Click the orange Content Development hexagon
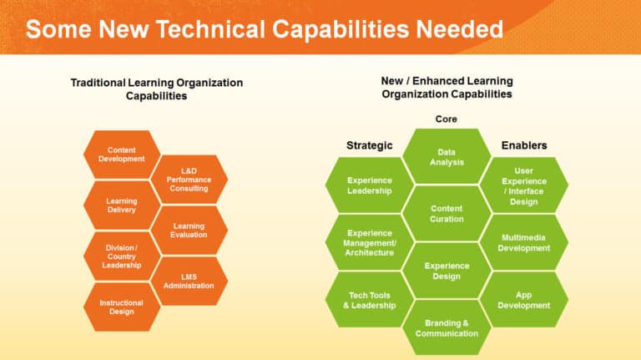point(122,155)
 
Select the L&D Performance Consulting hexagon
point(189,179)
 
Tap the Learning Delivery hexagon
point(122,205)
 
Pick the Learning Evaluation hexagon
point(189,231)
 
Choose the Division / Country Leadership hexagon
point(122,256)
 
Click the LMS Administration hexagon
point(189,281)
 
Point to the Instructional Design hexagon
point(122,307)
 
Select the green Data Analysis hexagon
point(447,157)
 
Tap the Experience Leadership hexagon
point(369,185)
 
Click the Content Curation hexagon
point(447,213)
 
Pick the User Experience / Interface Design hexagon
point(524,185)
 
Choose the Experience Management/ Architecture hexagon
point(369,242)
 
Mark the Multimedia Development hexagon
point(524,242)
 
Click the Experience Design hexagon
point(447,271)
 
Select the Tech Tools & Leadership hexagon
point(369,299)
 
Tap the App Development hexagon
point(524,299)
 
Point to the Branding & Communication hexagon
point(447,327)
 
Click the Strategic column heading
point(369,145)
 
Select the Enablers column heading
point(524,145)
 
